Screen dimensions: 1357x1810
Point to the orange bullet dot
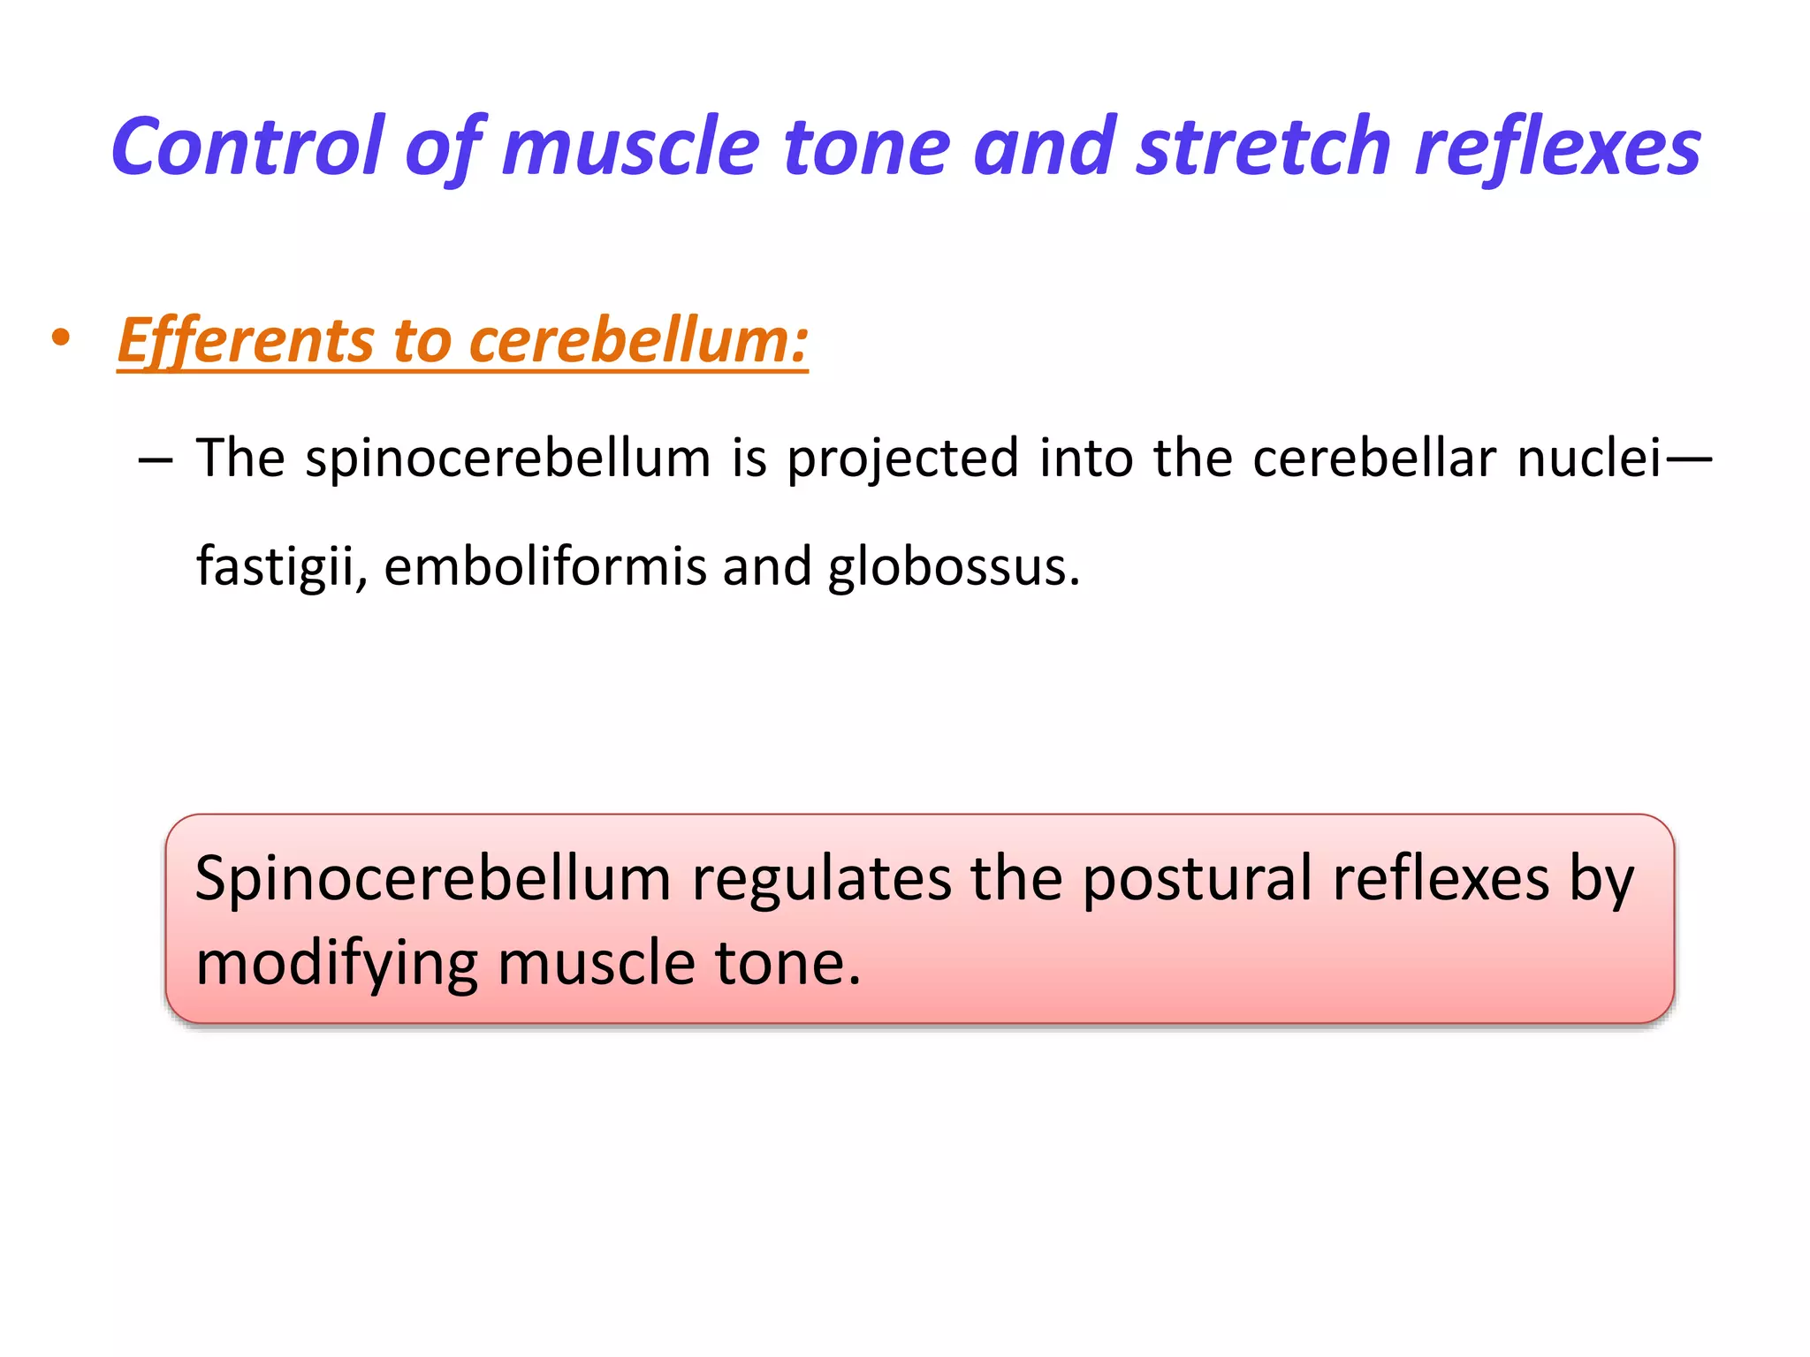(x=60, y=338)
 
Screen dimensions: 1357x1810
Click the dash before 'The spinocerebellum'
(x=156, y=460)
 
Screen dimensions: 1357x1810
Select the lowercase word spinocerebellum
(x=507, y=459)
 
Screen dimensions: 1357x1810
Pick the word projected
(x=902, y=460)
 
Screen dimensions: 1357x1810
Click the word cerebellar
(x=1373, y=459)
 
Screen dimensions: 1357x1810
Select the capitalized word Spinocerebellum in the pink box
(x=433, y=880)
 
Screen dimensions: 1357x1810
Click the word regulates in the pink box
(x=821, y=880)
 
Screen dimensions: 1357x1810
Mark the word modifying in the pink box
(x=337, y=964)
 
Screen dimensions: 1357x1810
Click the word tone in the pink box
(x=787, y=963)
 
